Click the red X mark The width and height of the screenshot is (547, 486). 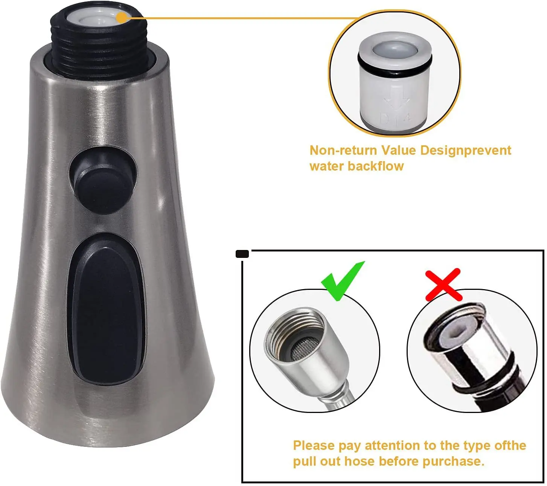tap(443, 284)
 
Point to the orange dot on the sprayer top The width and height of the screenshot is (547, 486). tap(121, 17)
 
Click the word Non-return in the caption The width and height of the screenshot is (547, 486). tap(343, 151)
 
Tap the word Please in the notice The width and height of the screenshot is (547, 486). tap(314, 445)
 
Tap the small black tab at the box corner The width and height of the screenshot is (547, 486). tap(242, 254)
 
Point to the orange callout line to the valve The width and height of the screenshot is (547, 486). tap(241, 17)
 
